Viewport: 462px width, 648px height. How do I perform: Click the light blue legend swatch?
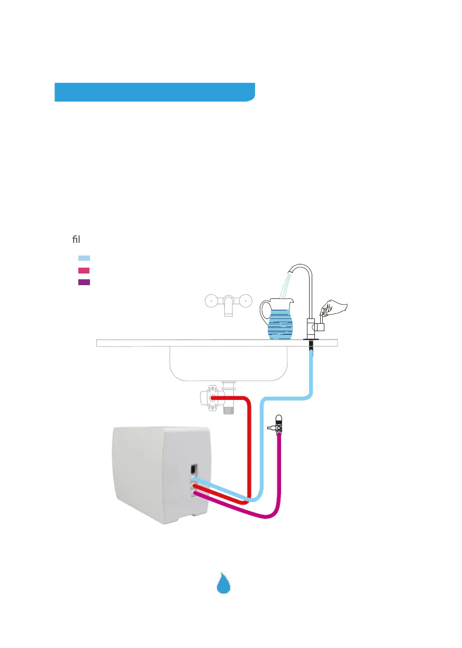tap(84, 258)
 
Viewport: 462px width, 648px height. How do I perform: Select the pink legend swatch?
tap(84, 270)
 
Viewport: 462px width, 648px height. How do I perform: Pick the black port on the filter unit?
tap(194, 469)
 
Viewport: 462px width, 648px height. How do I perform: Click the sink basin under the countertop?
tap(228, 362)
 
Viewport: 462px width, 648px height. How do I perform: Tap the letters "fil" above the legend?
tap(76, 240)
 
